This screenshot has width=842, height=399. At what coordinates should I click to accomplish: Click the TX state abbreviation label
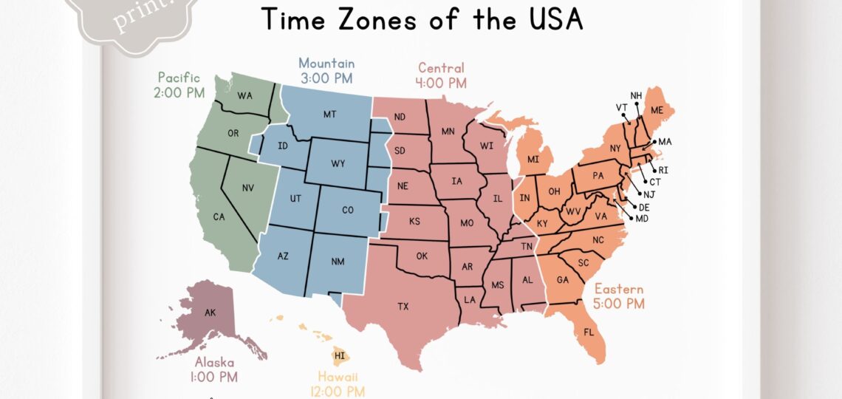(x=403, y=306)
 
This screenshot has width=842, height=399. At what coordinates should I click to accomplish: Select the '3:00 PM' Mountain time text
(x=326, y=78)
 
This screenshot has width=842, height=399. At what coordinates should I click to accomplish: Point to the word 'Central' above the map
(x=442, y=68)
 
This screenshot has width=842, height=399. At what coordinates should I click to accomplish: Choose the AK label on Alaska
(x=210, y=313)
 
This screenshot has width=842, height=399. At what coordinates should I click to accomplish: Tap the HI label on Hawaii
(x=340, y=356)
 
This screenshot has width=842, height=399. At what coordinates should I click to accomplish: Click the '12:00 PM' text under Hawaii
(x=337, y=392)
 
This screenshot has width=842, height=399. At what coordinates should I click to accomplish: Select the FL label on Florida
(x=589, y=332)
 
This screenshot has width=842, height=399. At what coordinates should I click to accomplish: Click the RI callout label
(x=663, y=170)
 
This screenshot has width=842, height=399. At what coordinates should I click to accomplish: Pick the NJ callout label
(x=649, y=194)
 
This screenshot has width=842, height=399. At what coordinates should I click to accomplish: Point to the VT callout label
(x=622, y=107)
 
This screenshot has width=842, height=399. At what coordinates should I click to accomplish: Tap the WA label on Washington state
(x=244, y=95)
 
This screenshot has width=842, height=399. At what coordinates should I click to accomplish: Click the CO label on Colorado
(x=348, y=210)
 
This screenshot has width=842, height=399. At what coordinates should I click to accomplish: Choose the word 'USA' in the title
(x=552, y=19)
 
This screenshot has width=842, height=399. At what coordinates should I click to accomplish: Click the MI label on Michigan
(x=533, y=160)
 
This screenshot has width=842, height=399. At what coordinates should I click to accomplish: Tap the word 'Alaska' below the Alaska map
(x=215, y=362)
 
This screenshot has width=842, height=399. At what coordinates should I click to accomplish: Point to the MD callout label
(x=642, y=219)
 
